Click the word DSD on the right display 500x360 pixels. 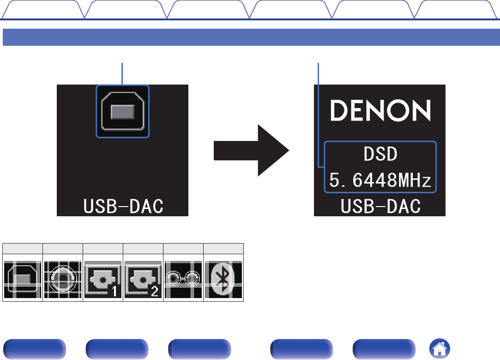(x=380, y=154)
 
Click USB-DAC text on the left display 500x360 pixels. (x=123, y=207)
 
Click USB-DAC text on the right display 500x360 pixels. (x=380, y=207)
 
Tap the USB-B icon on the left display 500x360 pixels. (x=123, y=111)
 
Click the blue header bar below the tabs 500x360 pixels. (x=250, y=37)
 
